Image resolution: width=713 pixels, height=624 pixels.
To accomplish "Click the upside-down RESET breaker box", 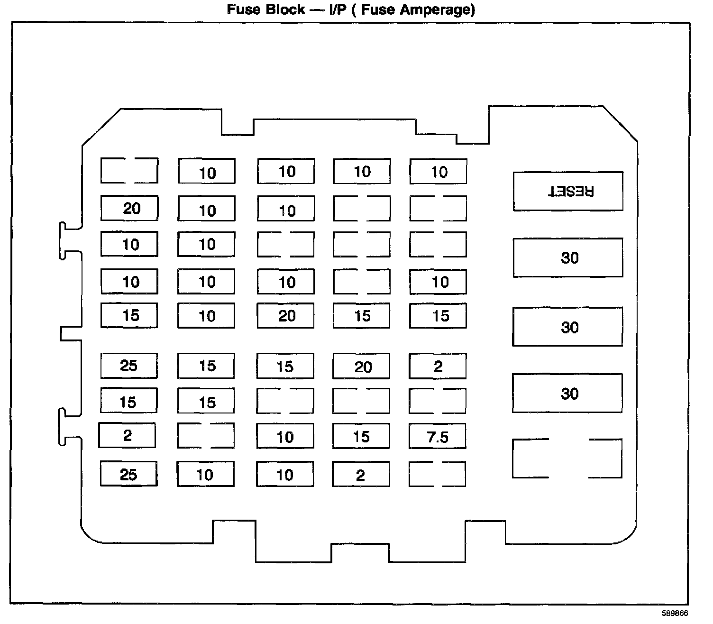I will pos(568,191).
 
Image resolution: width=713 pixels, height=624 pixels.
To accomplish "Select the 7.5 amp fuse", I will pos(438,436).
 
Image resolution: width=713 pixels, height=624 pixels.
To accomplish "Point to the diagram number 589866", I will pos(675,613).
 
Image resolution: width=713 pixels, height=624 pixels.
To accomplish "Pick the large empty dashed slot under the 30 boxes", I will pos(567,459).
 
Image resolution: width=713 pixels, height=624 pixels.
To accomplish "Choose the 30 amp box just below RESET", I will pos(568,257).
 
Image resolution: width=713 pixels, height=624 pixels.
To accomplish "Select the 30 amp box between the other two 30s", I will pos(567,327).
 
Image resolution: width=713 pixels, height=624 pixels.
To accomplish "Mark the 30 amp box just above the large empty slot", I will pos(567,393).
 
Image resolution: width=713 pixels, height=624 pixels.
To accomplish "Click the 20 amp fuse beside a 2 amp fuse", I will pos(362,366).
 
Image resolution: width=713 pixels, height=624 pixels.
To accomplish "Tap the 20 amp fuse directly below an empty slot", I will pos(129,208).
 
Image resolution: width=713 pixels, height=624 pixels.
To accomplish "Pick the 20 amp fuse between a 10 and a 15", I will pos(285,315).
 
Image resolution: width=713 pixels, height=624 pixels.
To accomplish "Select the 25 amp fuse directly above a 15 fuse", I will pos(129,366).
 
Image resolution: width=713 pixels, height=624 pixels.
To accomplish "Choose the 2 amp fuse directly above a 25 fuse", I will pos(127,435).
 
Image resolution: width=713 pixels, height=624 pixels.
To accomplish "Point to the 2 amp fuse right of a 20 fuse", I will pos(438,366).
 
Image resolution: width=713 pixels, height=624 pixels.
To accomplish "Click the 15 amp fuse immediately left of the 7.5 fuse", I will pos(361,436).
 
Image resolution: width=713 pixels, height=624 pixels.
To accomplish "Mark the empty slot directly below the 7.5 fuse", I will pos(437,474).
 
